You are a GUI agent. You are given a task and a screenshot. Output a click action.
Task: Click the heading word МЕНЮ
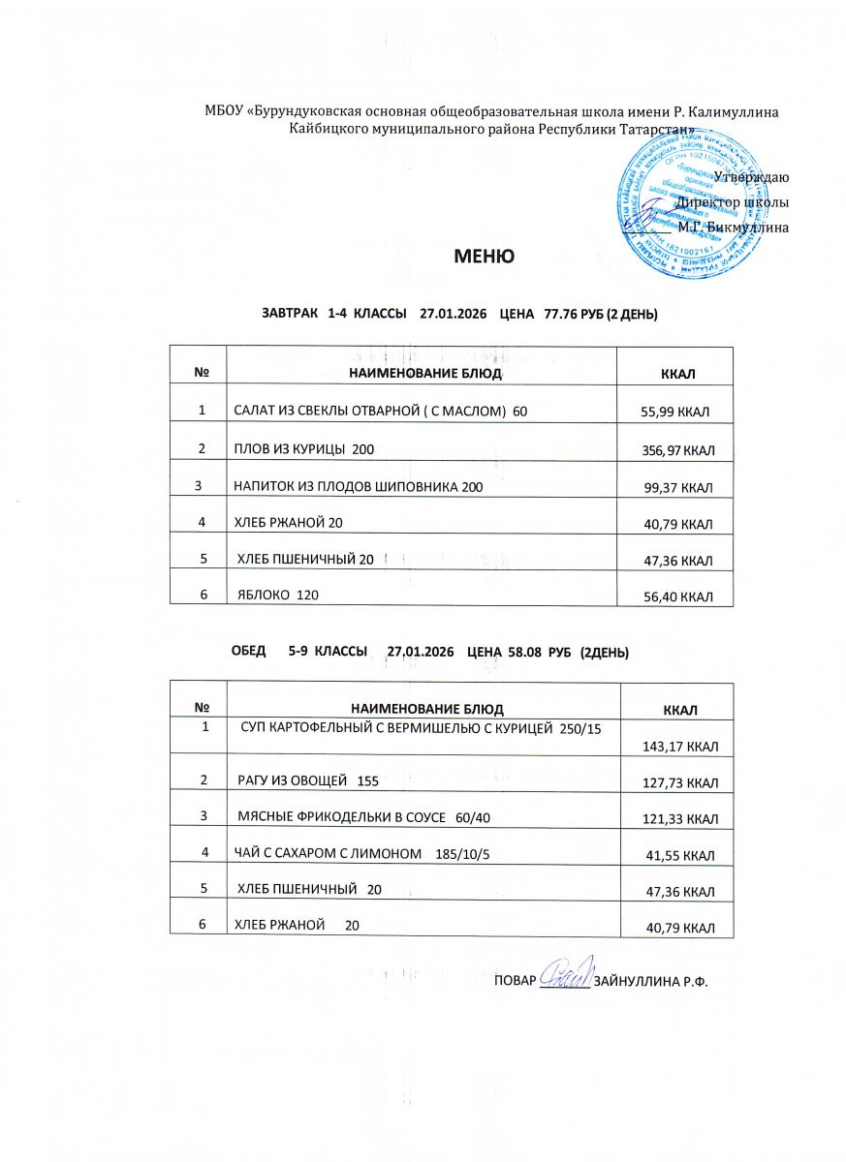point(484,258)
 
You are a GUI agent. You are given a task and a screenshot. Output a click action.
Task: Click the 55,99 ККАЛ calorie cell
point(675,413)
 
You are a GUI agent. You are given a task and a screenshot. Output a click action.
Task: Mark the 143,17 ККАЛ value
point(679,746)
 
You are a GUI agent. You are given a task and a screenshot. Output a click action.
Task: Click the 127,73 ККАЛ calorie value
point(679,781)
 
